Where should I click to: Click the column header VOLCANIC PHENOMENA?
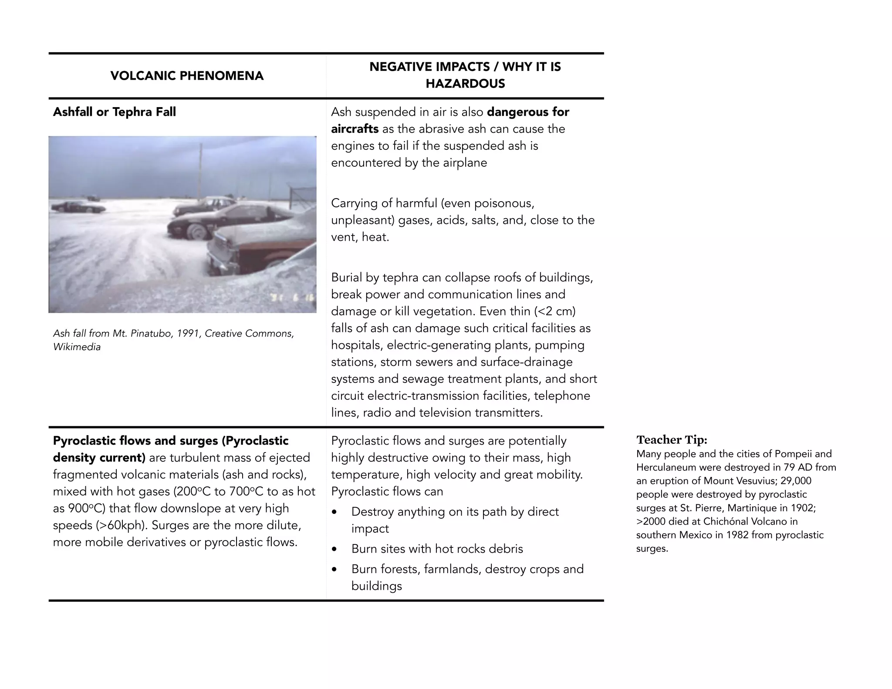pos(187,76)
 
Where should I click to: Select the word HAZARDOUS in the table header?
pos(465,84)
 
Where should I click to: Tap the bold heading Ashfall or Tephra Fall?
pos(115,112)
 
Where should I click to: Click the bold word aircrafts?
pos(355,129)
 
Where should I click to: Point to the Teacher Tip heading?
pos(672,439)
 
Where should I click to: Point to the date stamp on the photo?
pos(292,298)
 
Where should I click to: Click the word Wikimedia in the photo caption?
pos(77,347)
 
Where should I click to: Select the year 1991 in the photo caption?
pos(188,334)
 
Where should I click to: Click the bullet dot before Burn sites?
pos(334,549)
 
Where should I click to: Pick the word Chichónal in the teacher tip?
pos(726,521)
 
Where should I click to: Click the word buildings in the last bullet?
pos(376,586)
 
